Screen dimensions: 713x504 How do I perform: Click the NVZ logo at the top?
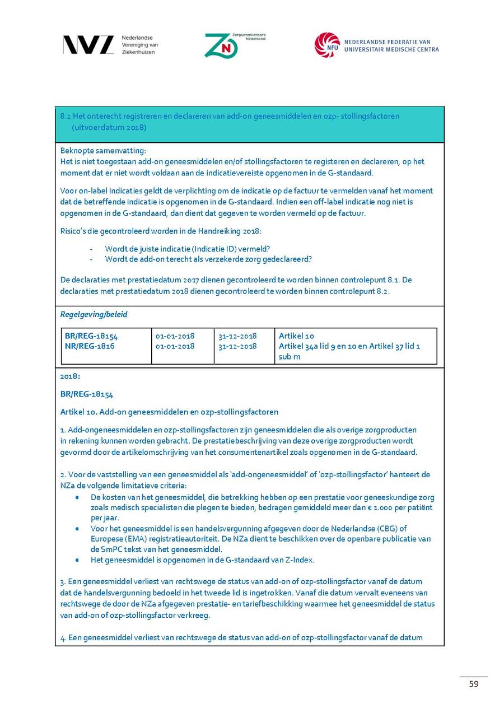tap(88, 45)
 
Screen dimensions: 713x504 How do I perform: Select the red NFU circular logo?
tap(327, 45)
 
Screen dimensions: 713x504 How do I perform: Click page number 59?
tap(474, 684)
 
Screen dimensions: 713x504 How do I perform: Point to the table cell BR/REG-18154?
tap(91, 336)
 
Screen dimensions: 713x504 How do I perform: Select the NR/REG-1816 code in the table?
tap(90, 346)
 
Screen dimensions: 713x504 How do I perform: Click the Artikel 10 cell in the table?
tap(297, 336)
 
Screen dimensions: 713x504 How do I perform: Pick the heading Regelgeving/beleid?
tap(94, 314)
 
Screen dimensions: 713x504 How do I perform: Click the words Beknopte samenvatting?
tap(102, 151)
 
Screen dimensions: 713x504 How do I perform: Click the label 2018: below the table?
tap(70, 376)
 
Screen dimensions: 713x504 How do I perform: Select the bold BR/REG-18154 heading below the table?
tap(87, 394)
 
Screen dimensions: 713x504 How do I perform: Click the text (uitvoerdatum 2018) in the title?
tap(109, 127)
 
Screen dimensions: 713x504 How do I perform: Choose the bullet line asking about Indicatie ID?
tap(191, 249)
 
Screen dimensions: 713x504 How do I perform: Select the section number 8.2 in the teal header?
tap(65, 116)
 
